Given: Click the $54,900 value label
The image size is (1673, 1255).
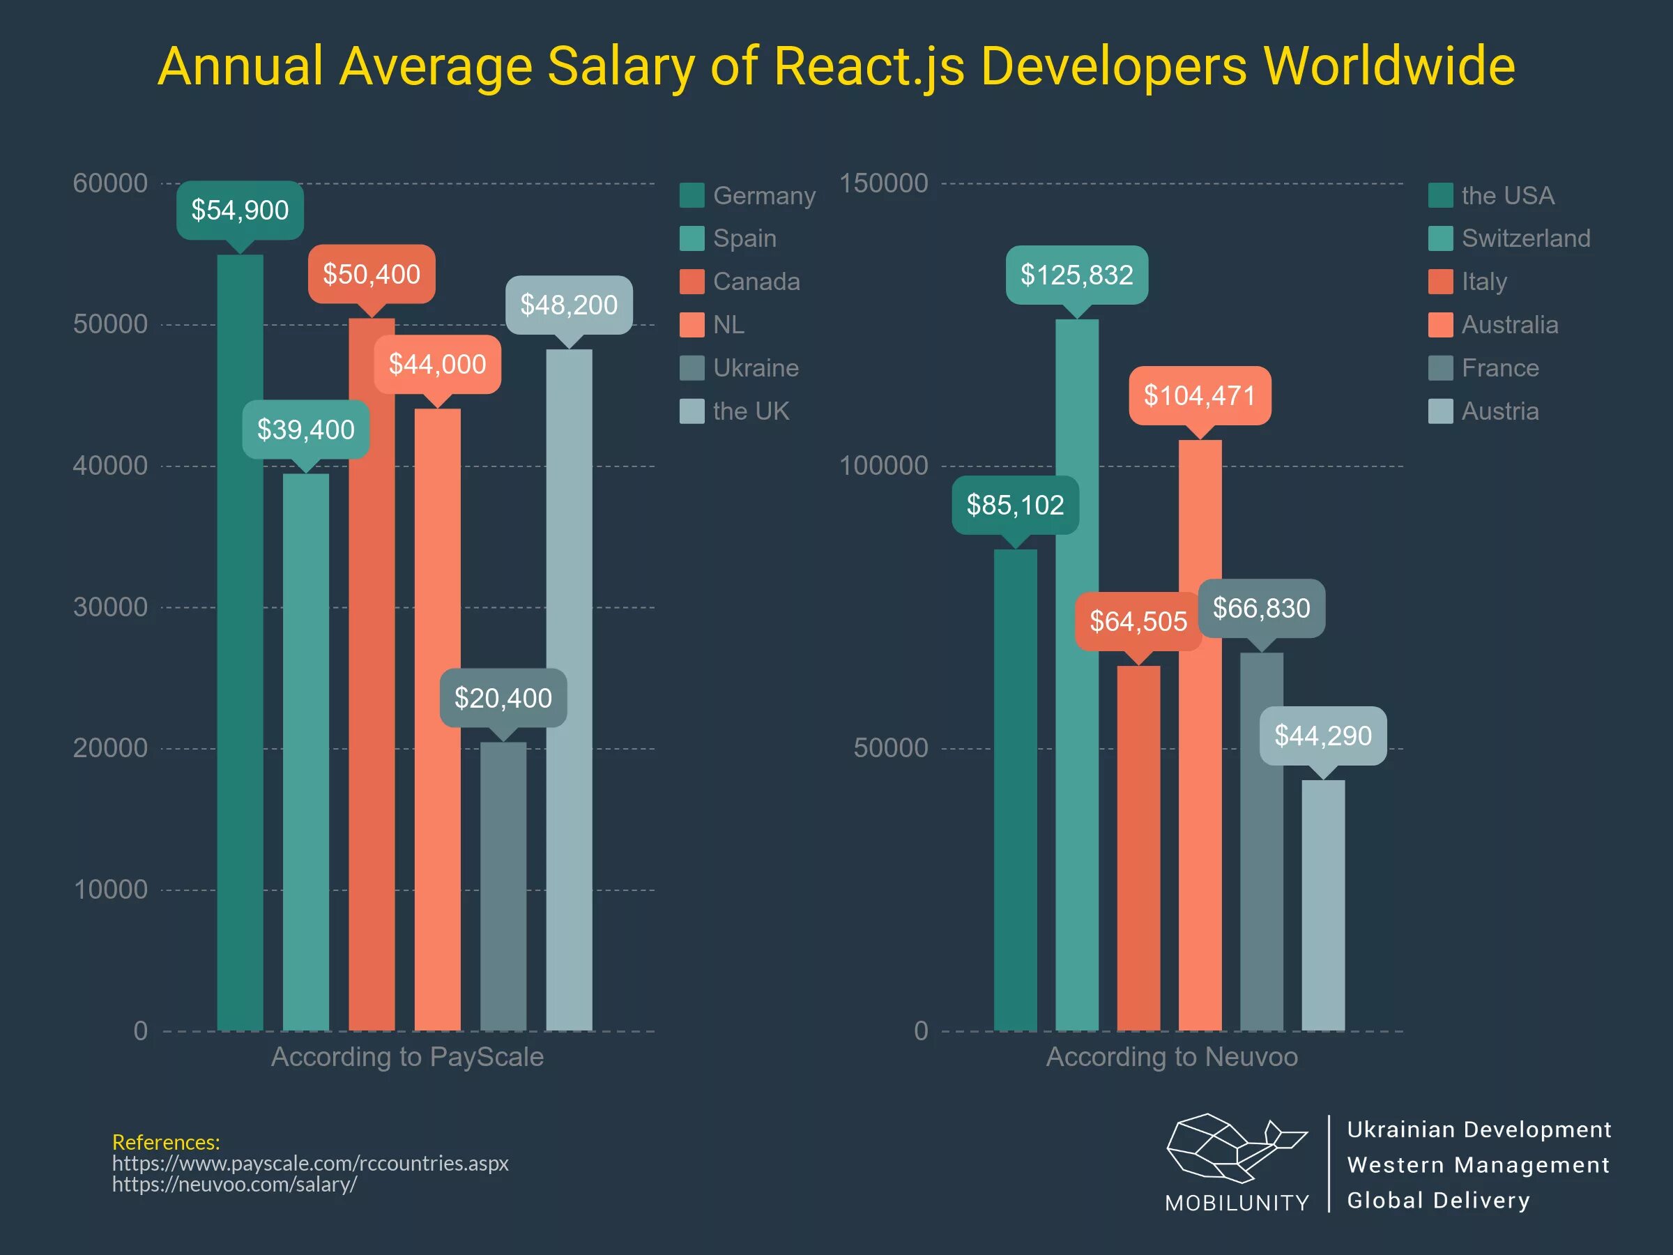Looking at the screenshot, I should click(x=240, y=210).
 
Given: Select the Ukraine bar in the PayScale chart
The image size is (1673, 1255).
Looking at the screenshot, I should click(x=503, y=885).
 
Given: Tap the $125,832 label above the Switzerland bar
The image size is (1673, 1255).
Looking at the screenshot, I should click(x=1076, y=275).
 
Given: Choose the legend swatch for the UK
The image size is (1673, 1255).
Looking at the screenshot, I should click(x=692, y=411).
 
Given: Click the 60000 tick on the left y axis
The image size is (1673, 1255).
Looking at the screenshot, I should click(x=110, y=183).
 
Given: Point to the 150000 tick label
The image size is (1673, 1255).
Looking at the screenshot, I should click(x=883, y=183).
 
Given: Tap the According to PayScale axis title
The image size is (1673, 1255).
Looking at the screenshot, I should click(x=407, y=1057).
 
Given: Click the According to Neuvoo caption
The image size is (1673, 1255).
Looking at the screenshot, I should click(x=1172, y=1057).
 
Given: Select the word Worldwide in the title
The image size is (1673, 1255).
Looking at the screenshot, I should click(x=1389, y=66).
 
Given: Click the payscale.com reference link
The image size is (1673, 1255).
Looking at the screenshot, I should click(x=310, y=1163).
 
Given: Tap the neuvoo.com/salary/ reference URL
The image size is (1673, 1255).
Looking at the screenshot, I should click(x=234, y=1184).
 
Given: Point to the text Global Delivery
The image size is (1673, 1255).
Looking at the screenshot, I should click(x=1438, y=1200).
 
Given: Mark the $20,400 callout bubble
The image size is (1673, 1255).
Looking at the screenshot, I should click(x=503, y=697).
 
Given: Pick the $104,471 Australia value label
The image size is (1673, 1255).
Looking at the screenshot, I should click(x=1200, y=395).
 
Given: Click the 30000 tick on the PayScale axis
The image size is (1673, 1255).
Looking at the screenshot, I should click(x=110, y=607).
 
